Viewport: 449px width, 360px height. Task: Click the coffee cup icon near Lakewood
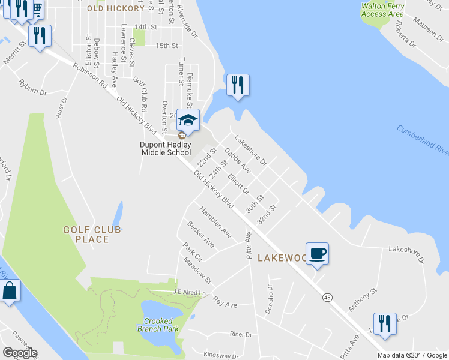[x=317, y=253]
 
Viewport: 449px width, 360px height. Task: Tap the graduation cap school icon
[x=188, y=120]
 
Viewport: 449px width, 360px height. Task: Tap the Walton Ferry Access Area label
[x=382, y=10]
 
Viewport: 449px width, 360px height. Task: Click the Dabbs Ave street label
[x=237, y=161]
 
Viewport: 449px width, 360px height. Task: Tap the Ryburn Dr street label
[x=32, y=88]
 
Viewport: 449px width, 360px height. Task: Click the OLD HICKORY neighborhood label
[x=115, y=8]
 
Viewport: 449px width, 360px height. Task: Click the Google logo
[x=19, y=353]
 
